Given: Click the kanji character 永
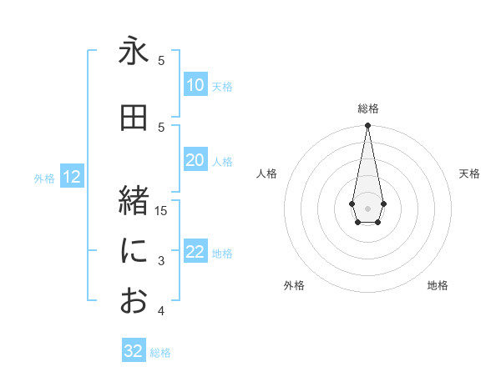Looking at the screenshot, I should click(x=134, y=52).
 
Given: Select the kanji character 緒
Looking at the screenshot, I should click(x=134, y=201).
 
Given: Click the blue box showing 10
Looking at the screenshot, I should click(x=195, y=85).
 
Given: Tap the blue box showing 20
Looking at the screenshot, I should click(x=195, y=161).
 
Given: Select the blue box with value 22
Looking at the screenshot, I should click(x=195, y=253).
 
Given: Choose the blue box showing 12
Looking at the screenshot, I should click(x=72, y=177).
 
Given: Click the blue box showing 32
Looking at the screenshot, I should click(x=134, y=351).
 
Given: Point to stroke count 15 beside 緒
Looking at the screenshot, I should click(x=161, y=210).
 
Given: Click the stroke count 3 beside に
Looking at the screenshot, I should click(x=161, y=261).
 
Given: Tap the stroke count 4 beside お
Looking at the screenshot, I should click(x=161, y=311).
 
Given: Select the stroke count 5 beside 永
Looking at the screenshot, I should click(x=161, y=60).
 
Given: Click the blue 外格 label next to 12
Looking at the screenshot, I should click(x=44, y=178).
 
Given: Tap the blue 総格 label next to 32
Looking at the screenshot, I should click(x=160, y=353).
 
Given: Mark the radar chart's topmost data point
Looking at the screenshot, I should click(x=367, y=126).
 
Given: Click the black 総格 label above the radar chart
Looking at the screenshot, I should click(x=367, y=108).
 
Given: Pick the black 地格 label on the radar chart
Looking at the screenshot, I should click(x=438, y=286).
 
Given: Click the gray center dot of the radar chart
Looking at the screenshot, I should click(x=367, y=207).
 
